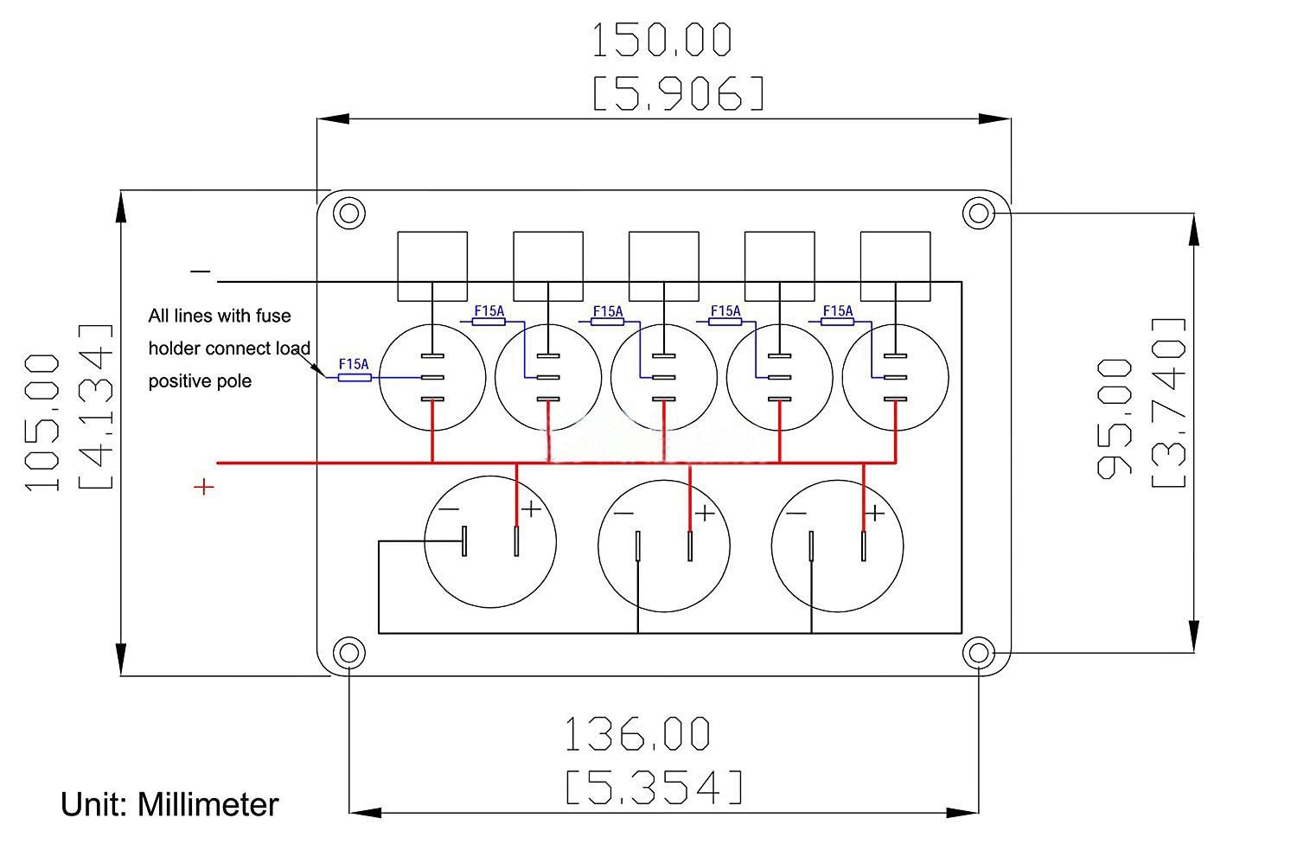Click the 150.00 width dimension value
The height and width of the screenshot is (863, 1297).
[x=661, y=41]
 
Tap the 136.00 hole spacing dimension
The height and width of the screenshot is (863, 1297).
[x=637, y=734]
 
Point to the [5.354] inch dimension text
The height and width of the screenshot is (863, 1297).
[x=655, y=788]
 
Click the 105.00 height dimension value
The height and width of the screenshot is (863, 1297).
[x=44, y=423]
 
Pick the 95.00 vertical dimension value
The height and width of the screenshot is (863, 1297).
[x=1115, y=419]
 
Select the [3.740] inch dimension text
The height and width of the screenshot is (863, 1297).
[x=1168, y=403]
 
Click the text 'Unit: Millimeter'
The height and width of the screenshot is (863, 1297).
[x=169, y=805]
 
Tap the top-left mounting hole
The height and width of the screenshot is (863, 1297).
[x=349, y=213]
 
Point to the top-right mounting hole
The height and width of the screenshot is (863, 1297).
[x=978, y=213]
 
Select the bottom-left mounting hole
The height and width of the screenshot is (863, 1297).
[x=349, y=652]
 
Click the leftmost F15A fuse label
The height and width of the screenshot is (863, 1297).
[x=354, y=365]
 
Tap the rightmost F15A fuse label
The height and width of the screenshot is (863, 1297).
[x=837, y=311]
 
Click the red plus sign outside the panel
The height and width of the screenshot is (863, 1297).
[x=203, y=488]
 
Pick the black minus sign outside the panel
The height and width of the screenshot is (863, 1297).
[x=201, y=272]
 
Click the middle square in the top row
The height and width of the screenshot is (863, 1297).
[x=663, y=265]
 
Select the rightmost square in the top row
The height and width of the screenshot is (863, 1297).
[x=896, y=265]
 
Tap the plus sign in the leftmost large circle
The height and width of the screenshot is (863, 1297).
[x=531, y=508]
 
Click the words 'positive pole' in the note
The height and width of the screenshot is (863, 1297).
[x=200, y=381]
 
